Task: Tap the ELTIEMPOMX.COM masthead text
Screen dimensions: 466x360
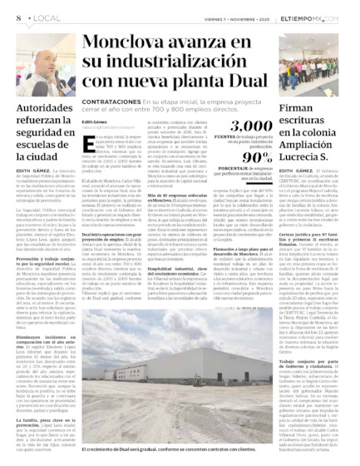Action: point(327,17)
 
